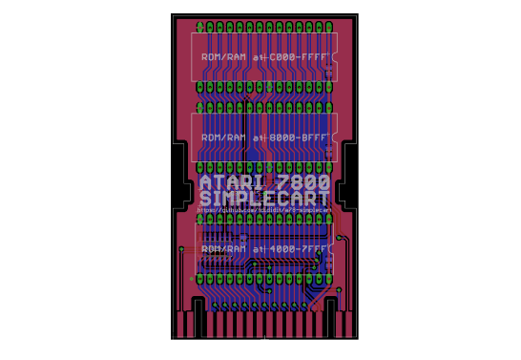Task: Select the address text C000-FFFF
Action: (x=300, y=57)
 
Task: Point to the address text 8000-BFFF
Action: (x=300, y=138)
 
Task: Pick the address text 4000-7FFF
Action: (x=300, y=248)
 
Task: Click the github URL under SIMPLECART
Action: (x=264, y=210)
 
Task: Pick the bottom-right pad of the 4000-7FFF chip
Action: (x=329, y=278)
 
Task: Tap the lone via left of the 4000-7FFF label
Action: (x=181, y=249)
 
